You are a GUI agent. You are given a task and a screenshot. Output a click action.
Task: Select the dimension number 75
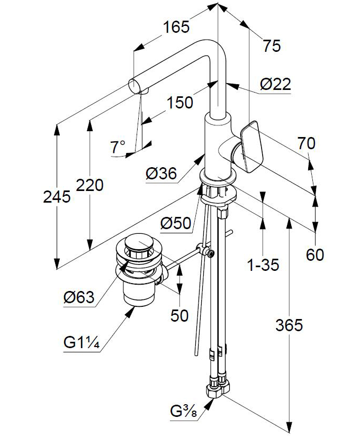click(x=272, y=46)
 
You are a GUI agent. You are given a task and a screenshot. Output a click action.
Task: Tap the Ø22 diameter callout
click(x=275, y=84)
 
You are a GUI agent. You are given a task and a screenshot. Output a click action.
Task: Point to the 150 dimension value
click(x=180, y=102)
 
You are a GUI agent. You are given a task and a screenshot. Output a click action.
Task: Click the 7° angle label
click(x=118, y=147)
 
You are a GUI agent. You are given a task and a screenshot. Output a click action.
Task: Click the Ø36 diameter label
click(x=159, y=173)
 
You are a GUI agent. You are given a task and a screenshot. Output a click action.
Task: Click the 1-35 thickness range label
click(x=263, y=265)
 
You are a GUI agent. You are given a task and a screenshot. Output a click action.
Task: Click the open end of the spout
click(x=136, y=85)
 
